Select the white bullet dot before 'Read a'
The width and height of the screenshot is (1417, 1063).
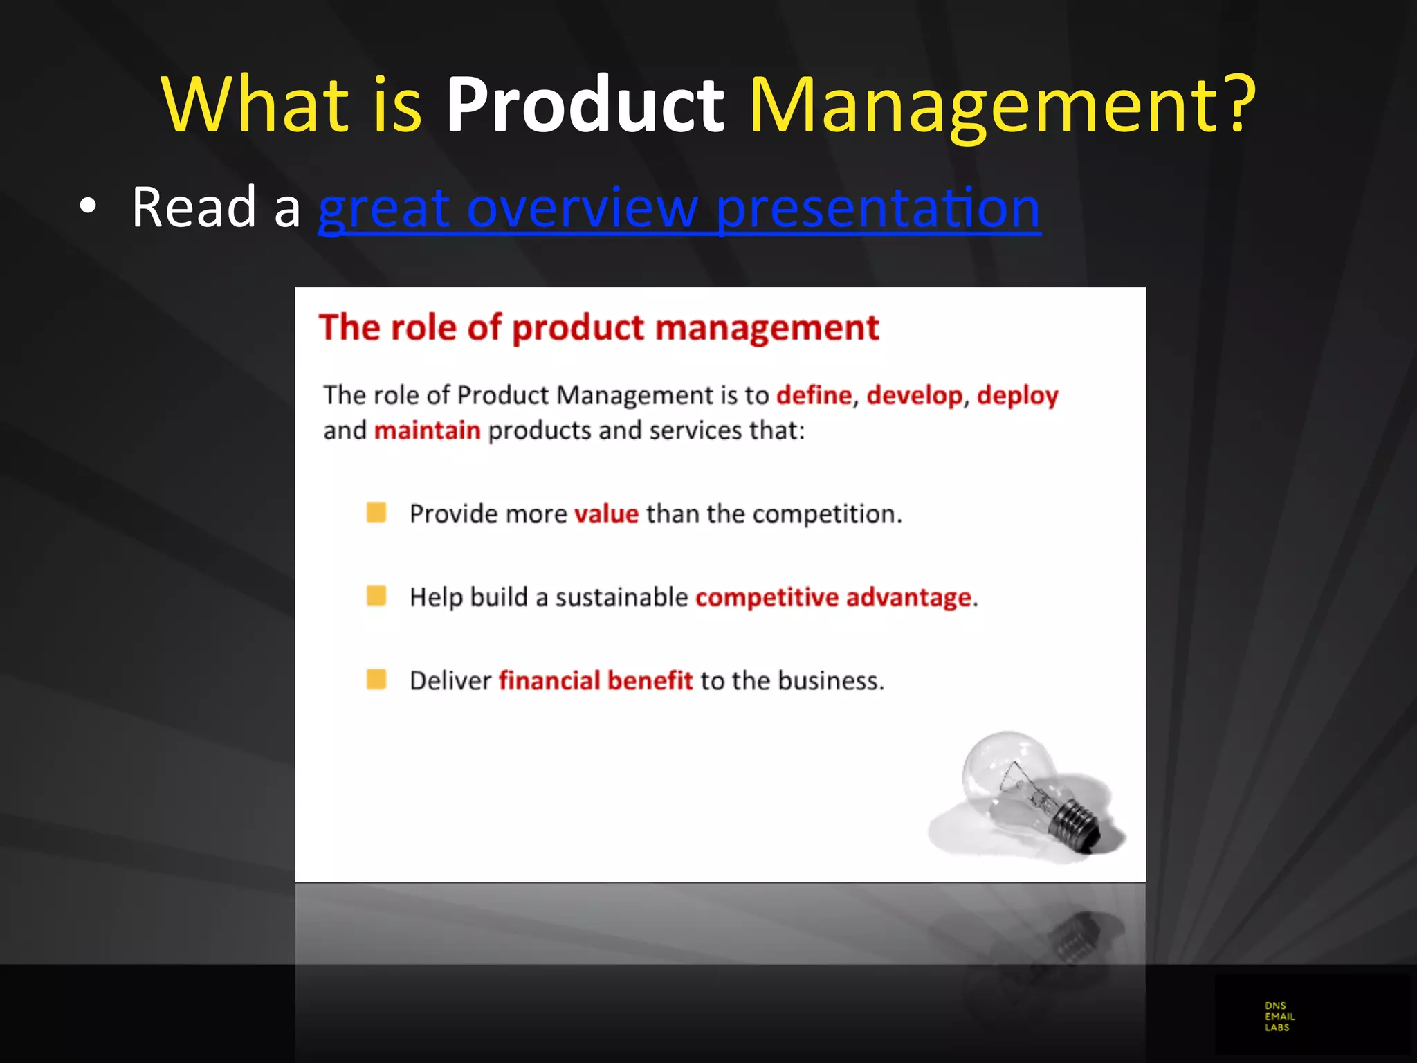click(87, 206)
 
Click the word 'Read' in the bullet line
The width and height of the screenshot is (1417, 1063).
click(194, 207)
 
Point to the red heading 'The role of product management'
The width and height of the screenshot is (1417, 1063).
click(598, 327)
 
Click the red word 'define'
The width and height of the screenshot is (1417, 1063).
click(814, 395)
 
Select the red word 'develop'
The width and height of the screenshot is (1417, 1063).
click(914, 396)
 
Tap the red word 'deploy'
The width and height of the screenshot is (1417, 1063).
click(1017, 396)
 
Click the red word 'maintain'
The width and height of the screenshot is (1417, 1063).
click(427, 430)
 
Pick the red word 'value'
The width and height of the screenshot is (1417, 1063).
click(606, 514)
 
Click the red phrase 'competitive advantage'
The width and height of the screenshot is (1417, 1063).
click(833, 597)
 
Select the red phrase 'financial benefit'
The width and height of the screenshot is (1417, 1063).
click(595, 680)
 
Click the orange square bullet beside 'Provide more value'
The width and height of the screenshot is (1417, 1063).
click(376, 513)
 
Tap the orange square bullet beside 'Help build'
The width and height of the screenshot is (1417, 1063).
click(376, 596)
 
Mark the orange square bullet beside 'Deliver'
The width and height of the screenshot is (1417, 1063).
click(376, 680)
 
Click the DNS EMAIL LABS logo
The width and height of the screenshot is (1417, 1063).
click(1279, 1016)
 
